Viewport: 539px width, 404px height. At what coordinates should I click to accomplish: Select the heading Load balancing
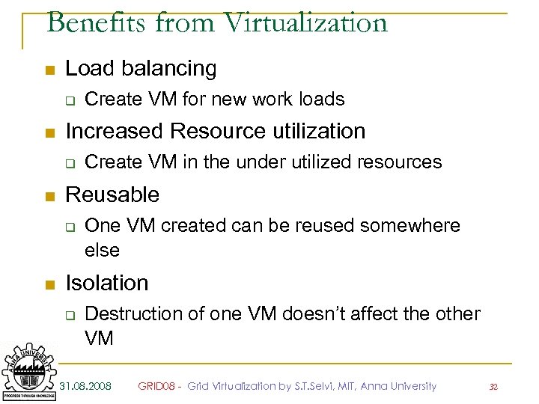coord(141,69)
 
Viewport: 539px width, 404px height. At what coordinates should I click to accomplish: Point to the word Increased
coord(115,131)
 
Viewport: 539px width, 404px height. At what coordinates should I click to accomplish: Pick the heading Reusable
coord(112,195)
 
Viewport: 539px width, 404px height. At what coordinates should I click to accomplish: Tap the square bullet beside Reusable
coord(49,196)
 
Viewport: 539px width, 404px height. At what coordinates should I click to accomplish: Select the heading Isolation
coord(107,283)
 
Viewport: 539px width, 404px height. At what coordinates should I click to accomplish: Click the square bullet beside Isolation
coord(49,284)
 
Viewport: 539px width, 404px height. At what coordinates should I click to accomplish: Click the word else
coord(102,250)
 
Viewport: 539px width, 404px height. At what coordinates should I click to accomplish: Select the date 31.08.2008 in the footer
coord(85,386)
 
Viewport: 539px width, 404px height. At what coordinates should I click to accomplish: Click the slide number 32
coord(493,387)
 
